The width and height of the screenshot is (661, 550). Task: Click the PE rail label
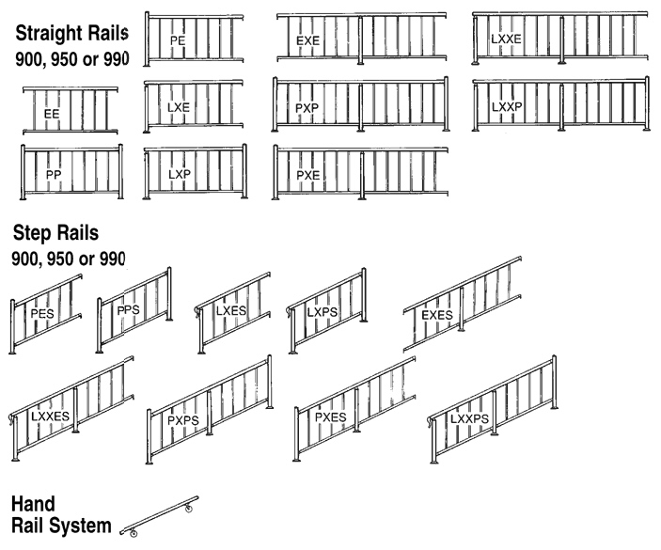tap(178, 40)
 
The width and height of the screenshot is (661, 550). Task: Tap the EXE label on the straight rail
tap(307, 40)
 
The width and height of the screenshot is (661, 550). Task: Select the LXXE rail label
tap(506, 39)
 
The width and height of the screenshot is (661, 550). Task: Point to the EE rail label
tap(52, 114)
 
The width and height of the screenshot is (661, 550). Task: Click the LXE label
tap(179, 107)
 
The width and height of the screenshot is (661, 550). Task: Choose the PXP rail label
tap(307, 108)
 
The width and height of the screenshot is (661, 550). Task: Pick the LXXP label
tap(507, 106)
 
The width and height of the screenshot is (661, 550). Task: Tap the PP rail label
tap(54, 175)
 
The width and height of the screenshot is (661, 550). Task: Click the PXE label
tap(308, 175)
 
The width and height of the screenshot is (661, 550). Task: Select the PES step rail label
tap(42, 314)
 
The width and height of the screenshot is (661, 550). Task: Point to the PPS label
tap(128, 310)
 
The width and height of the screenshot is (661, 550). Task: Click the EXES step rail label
tap(437, 315)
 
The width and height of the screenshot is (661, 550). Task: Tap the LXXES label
tap(50, 416)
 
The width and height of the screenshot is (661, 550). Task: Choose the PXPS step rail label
tap(183, 420)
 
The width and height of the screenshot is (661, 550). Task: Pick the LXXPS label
tap(469, 419)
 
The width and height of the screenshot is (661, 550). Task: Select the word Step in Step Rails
tap(31, 233)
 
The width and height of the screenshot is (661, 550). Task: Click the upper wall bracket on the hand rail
tap(188, 509)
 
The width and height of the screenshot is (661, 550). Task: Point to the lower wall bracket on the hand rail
tap(134, 534)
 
